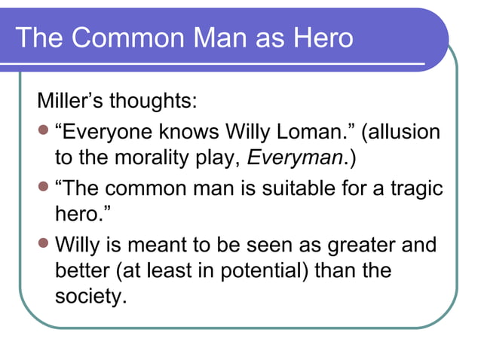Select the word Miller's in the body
[70, 101]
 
